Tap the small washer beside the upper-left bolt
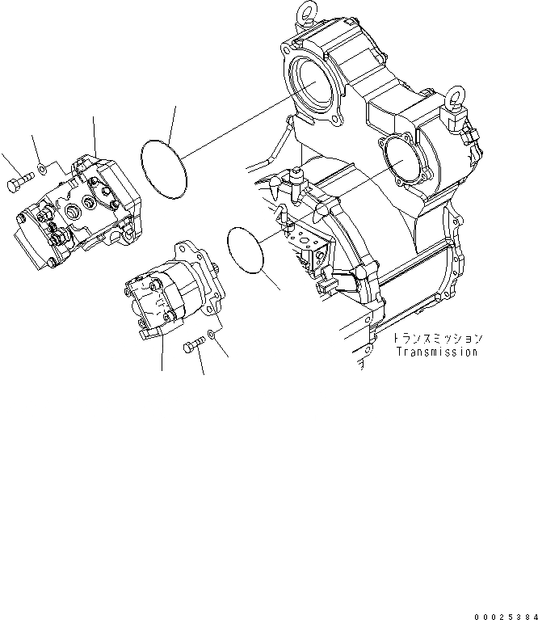[41, 171]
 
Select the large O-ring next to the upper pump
[164, 168]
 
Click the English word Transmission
[436, 352]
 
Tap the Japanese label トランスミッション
[436, 338]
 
